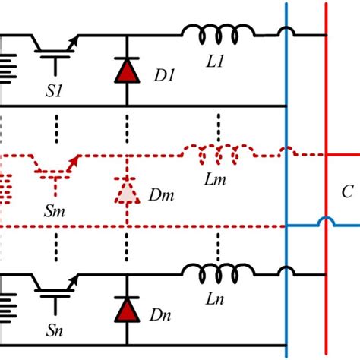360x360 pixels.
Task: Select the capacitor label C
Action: tap(347, 192)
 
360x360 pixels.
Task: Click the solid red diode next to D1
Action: tap(126, 71)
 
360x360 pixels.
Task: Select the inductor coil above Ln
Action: tap(218, 271)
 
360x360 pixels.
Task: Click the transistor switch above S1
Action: tap(56, 43)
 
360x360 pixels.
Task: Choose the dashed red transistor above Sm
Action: tap(56, 163)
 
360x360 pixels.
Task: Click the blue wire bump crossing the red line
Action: tap(326, 222)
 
